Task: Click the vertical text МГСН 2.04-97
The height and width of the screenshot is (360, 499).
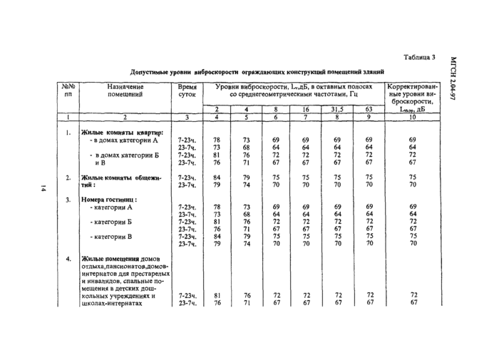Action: [x=454, y=78]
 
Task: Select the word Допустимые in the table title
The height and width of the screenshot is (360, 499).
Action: [x=153, y=72]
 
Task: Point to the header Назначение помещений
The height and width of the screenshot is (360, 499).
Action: [x=125, y=90]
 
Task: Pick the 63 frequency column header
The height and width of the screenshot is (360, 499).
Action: [x=369, y=108]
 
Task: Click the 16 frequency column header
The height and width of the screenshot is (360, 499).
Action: [x=305, y=108]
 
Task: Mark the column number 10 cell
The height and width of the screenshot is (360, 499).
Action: [x=412, y=116]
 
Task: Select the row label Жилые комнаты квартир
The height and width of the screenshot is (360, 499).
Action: [x=122, y=133]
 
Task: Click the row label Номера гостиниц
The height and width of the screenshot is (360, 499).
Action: [x=108, y=200]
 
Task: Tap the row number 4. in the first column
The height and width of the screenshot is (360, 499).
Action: [x=68, y=259]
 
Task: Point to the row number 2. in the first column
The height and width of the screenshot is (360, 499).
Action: [x=68, y=177]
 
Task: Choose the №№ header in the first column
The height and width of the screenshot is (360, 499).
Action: [x=68, y=86]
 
